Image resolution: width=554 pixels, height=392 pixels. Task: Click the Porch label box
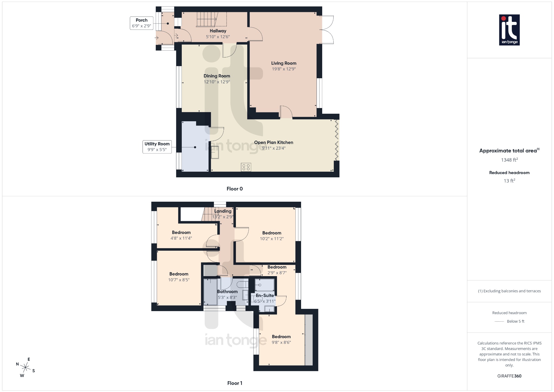(x=141, y=23)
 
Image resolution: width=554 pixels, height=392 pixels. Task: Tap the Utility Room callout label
(x=157, y=146)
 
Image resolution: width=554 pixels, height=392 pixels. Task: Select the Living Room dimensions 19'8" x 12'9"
(x=284, y=69)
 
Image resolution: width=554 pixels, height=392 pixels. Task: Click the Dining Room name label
(x=217, y=76)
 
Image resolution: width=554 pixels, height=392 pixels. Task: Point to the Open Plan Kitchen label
(x=273, y=142)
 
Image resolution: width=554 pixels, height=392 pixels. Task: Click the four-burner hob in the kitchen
(x=246, y=167)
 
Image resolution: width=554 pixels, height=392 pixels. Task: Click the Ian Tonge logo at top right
(x=509, y=30)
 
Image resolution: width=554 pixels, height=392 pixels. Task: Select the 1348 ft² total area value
(x=509, y=160)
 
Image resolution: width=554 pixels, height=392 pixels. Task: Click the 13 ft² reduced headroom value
(x=509, y=181)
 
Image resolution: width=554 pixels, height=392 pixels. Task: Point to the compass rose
(x=26, y=367)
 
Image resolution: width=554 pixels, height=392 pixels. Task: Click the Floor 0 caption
(x=235, y=189)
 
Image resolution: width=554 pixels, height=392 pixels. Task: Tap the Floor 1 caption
(x=235, y=383)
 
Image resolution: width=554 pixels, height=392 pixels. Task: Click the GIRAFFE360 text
(x=509, y=376)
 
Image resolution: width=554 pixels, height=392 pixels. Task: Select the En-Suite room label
(x=265, y=296)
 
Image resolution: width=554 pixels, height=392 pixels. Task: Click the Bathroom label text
(x=227, y=292)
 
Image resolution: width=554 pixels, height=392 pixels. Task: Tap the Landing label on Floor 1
(x=223, y=211)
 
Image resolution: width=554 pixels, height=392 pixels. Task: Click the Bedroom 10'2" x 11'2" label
(x=272, y=236)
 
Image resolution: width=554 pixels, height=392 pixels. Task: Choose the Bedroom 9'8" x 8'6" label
(x=281, y=339)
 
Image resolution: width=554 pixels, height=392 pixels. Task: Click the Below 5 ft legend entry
(x=515, y=321)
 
